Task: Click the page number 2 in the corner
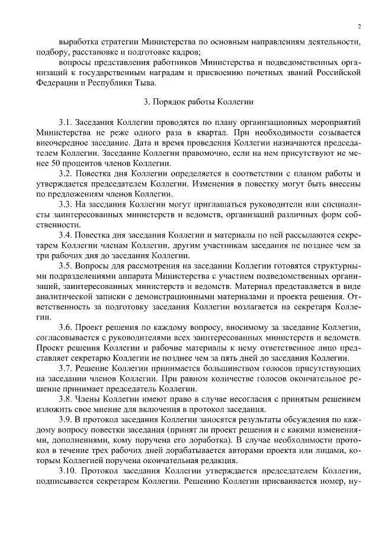click(359, 26)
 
